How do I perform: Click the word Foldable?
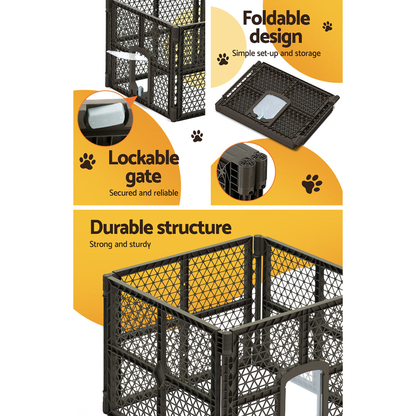276,19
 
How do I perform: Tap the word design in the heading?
276,37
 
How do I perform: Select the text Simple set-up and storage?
276,53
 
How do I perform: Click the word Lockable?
144,159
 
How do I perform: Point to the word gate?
144,177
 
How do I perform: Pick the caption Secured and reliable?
144,193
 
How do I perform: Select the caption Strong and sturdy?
120,244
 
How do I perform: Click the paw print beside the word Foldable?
327,26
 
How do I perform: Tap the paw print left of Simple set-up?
223,59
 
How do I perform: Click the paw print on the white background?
197,136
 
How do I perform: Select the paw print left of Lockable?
87,161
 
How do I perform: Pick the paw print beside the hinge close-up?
312,183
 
